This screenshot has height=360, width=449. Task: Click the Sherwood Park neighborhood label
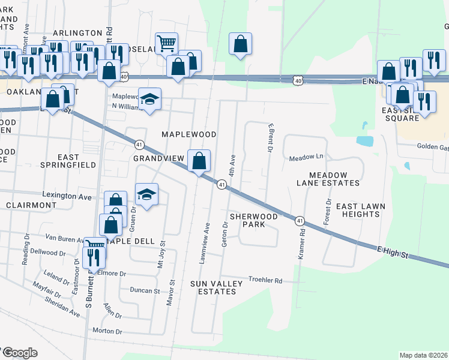[x=253, y=220]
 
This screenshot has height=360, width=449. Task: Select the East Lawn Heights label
[x=360, y=211]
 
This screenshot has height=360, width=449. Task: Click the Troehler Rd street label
[x=265, y=280]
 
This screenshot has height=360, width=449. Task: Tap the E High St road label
[x=393, y=251]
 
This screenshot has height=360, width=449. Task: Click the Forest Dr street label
[x=328, y=212]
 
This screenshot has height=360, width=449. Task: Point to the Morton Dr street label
[x=107, y=331]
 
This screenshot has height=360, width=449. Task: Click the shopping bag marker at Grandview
[x=199, y=161]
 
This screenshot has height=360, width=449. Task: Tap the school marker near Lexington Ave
[x=146, y=194]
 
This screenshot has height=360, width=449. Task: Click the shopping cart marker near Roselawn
[x=167, y=43]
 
